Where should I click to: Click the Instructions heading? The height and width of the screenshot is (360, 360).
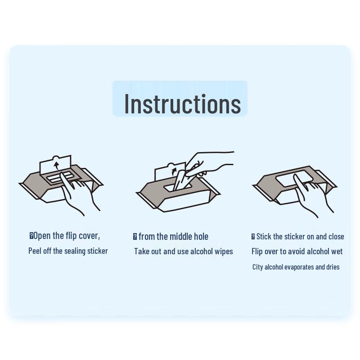[x=183, y=104]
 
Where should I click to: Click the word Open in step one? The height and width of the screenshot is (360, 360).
[x=42, y=236]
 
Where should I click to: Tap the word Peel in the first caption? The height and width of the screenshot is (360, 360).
[x=35, y=251]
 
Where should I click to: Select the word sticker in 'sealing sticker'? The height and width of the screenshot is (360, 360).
[x=98, y=251]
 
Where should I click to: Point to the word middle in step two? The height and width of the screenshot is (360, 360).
[x=181, y=237]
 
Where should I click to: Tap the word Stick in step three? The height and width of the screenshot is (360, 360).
[x=264, y=237]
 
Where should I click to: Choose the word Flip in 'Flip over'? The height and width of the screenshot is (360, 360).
[x=257, y=252]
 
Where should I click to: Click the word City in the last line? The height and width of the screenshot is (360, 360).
[x=257, y=267]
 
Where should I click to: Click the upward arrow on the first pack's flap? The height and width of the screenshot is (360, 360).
[x=56, y=165]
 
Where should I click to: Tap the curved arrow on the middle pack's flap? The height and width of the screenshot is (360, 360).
[x=174, y=172]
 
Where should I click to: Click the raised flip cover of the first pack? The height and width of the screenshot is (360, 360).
[x=55, y=165]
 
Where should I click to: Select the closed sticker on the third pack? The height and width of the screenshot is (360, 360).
[x=294, y=178]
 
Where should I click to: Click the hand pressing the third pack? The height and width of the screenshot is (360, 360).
[x=312, y=195]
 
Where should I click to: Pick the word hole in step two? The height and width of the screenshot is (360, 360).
[x=201, y=237]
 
